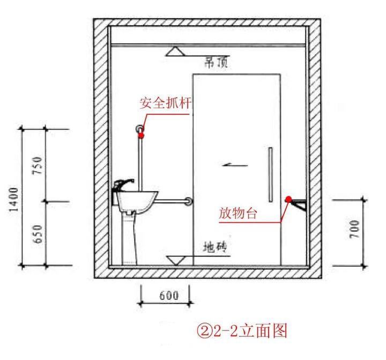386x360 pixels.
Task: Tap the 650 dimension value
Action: pyautogui.click(x=37, y=233)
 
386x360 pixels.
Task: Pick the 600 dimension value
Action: pyautogui.click(x=168, y=295)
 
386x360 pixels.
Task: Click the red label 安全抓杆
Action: pyautogui.click(x=166, y=102)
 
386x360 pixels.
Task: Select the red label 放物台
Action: pyautogui.click(x=238, y=214)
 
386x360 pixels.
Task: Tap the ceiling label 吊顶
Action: pyautogui.click(x=217, y=62)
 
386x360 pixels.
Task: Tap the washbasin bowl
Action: pyautogui.click(x=136, y=200)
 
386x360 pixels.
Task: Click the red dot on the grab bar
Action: pyautogui.click(x=142, y=136)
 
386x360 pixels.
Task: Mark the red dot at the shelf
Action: pyautogui.click(x=288, y=199)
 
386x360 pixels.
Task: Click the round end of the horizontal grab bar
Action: pyautogui.click(x=188, y=202)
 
